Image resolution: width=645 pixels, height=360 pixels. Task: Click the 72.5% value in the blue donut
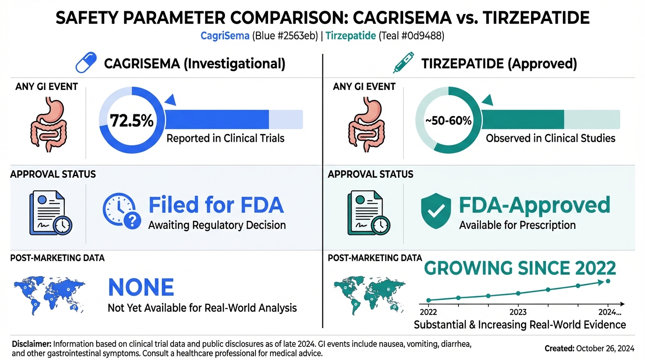[132, 120]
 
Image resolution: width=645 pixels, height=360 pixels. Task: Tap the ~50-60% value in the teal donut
[449, 121]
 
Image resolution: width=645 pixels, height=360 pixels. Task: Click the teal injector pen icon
[404, 63]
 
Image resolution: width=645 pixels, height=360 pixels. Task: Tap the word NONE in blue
[141, 287]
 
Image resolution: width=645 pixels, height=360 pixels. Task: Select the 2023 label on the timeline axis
[518, 312]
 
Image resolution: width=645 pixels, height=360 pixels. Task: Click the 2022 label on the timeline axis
[428, 312]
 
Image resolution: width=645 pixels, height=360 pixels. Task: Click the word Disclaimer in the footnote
[31, 344]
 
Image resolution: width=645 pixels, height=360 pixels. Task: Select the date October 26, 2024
[605, 348]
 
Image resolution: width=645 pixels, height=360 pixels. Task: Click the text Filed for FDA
[216, 205]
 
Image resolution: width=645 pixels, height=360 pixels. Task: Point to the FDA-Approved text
[534, 205]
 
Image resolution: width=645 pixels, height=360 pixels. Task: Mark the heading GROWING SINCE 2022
[519, 268]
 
